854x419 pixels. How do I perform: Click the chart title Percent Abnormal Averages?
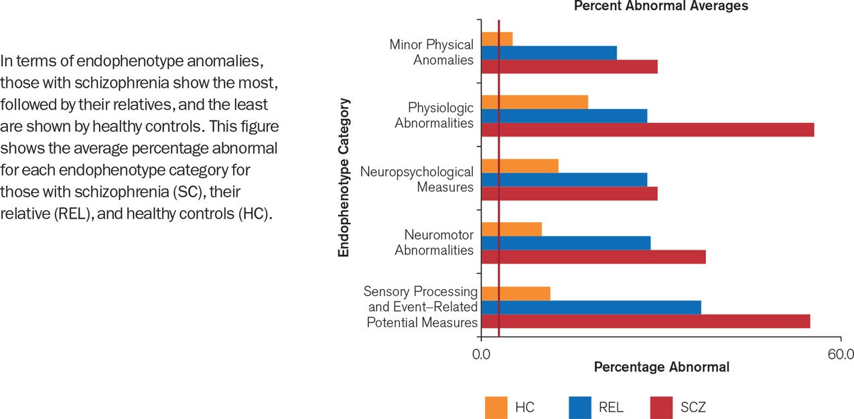661,6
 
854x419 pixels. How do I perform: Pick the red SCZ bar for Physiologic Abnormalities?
647,130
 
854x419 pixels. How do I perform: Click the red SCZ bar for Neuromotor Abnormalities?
593,256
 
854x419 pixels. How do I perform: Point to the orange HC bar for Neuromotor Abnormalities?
512,229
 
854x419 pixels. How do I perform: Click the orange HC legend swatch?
496,406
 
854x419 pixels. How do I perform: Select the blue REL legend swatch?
580,406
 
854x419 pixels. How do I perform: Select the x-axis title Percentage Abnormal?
661,367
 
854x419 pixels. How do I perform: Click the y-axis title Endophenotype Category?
344,178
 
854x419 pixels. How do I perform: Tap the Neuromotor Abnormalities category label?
434,243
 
